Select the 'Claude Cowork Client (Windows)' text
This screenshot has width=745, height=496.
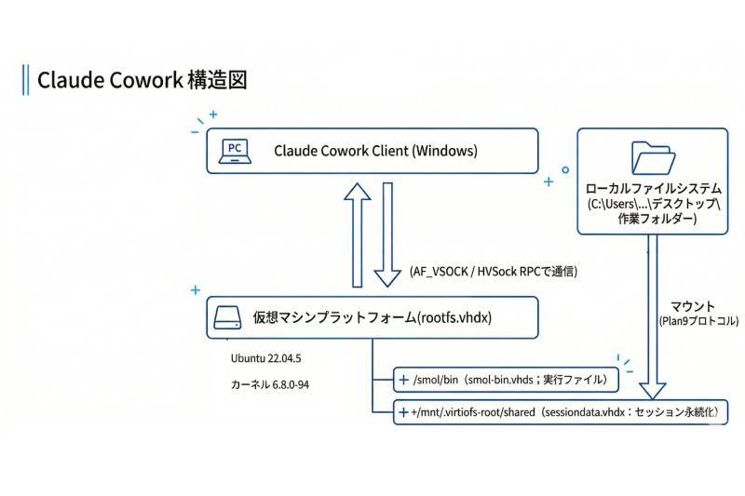click(375, 151)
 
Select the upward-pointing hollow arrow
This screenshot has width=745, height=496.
click(357, 234)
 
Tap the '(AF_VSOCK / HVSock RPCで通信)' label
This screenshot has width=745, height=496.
click(493, 271)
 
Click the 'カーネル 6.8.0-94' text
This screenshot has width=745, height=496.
click(270, 384)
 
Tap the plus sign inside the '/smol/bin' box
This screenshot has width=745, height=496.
click(404, 380)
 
